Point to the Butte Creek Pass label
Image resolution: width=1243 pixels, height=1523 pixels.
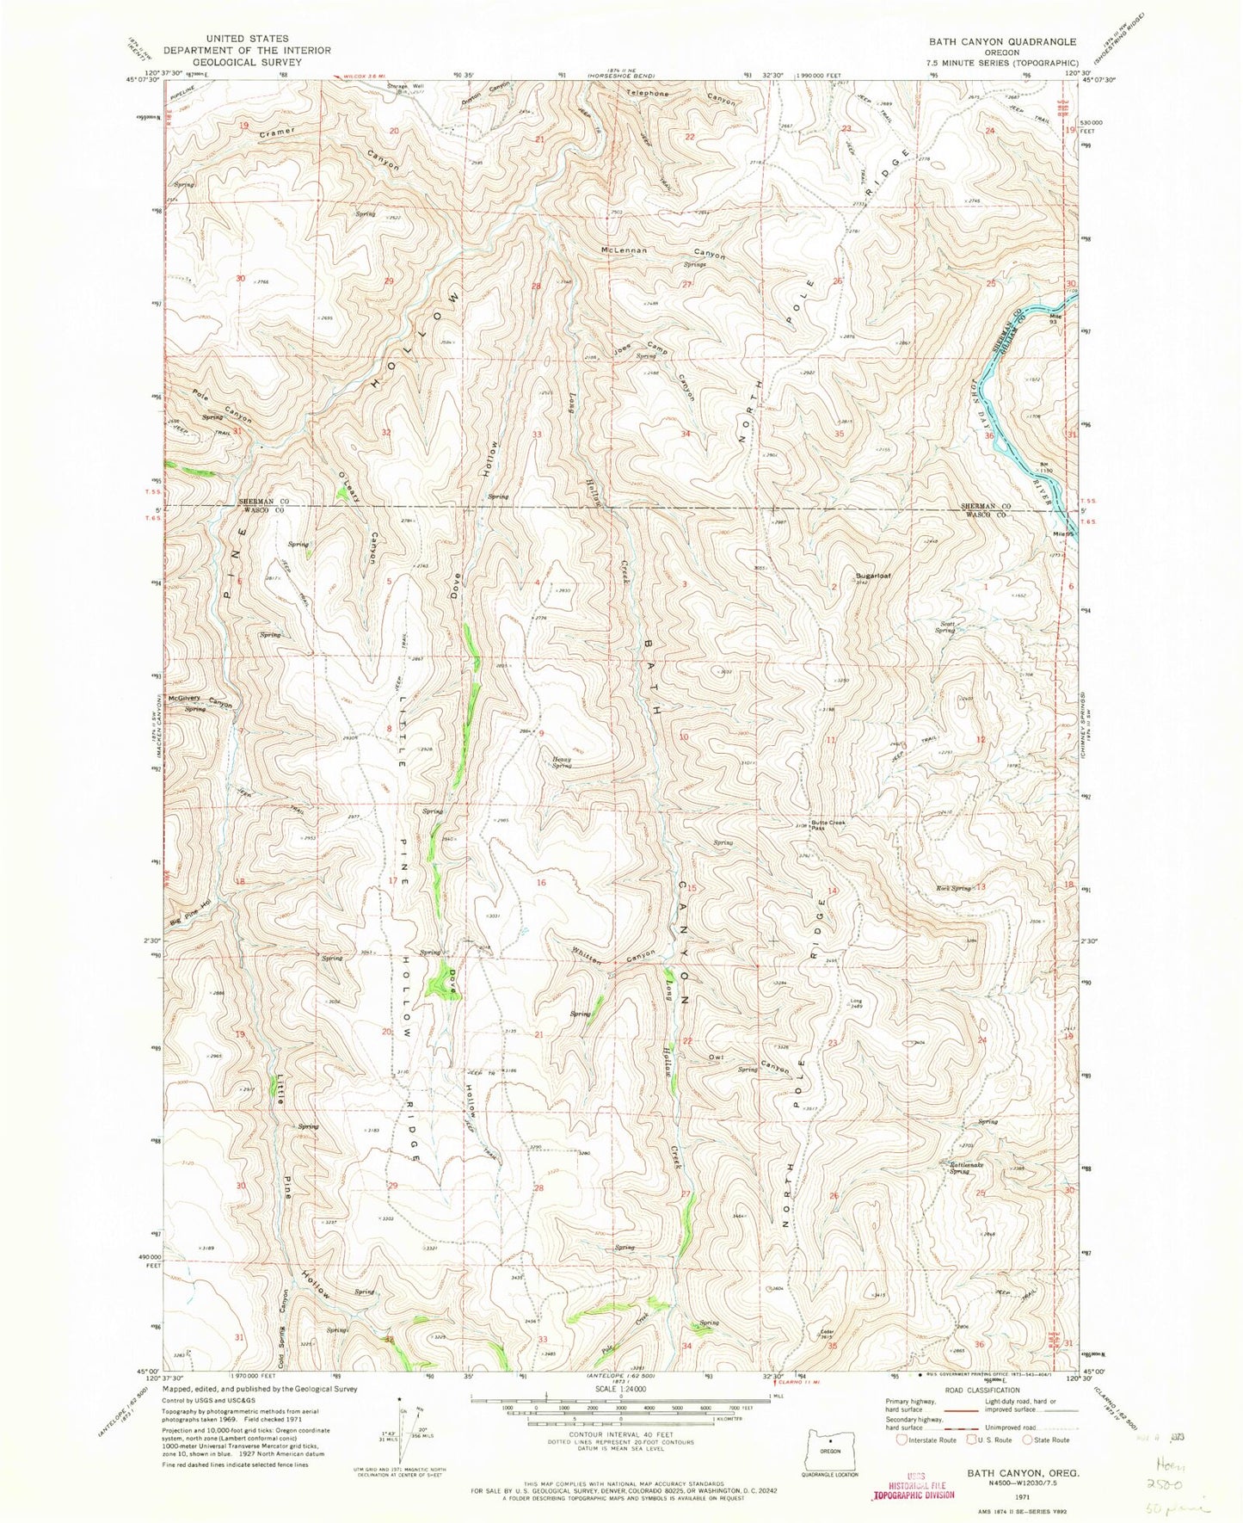point(829,825)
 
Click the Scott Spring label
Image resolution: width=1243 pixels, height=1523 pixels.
point(946,628)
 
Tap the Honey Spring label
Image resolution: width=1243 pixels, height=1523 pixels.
point(562,761)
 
